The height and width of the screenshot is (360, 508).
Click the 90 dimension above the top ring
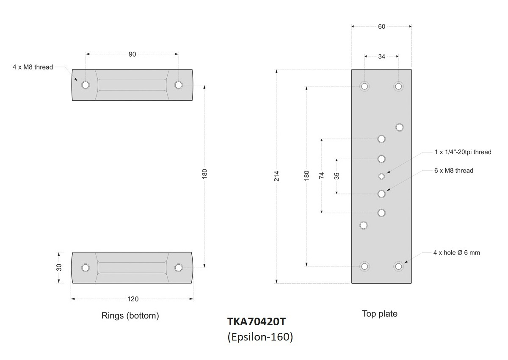pyautogui.click(x=132, y=54)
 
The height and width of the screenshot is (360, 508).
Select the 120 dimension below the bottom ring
pyautogui.click(x=133, y=299)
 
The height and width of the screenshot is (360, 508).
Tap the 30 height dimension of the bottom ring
pyautogui.click(x=59, y=268)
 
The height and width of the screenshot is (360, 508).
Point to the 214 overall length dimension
pyautogui.click(x=276, y=176)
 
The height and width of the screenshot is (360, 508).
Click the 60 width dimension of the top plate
pyautogui.click(x=381, y=26)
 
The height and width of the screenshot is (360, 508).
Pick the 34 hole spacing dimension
pyautogui.click(x=381, y=56)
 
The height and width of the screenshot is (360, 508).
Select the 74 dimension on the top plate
pyautogui.click(x=321, y=176)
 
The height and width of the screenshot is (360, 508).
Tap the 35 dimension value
pyautogui.click(x=337, y=176)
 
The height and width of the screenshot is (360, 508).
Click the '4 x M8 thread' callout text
pyautogui.click(x=33, y=67)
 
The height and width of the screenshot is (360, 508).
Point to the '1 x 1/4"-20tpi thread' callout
pyautogui.click(x=463, y=152)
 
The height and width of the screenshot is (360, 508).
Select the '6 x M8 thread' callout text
pyautogui.click(x=453, y=171)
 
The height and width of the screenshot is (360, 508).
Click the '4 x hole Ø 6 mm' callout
pyautogui.click(x=456, y=253)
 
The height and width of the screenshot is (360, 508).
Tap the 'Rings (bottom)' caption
pyautogui.click(x=130, y=316)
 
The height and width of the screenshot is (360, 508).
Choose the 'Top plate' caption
pyautogui.click(x=380, y=314)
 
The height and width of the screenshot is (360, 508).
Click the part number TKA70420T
pyautogui.click(x=257, y=322)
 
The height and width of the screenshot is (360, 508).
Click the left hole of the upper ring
pyautogui.click(x=86, y=85)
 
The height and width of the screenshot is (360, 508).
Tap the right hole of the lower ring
pyautogui.click(x=179, y=268)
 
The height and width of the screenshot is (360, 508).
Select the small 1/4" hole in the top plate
pyautogui.click(x=381, y=176)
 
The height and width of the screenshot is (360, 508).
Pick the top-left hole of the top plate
pyautogui.click(x=364, y=86)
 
